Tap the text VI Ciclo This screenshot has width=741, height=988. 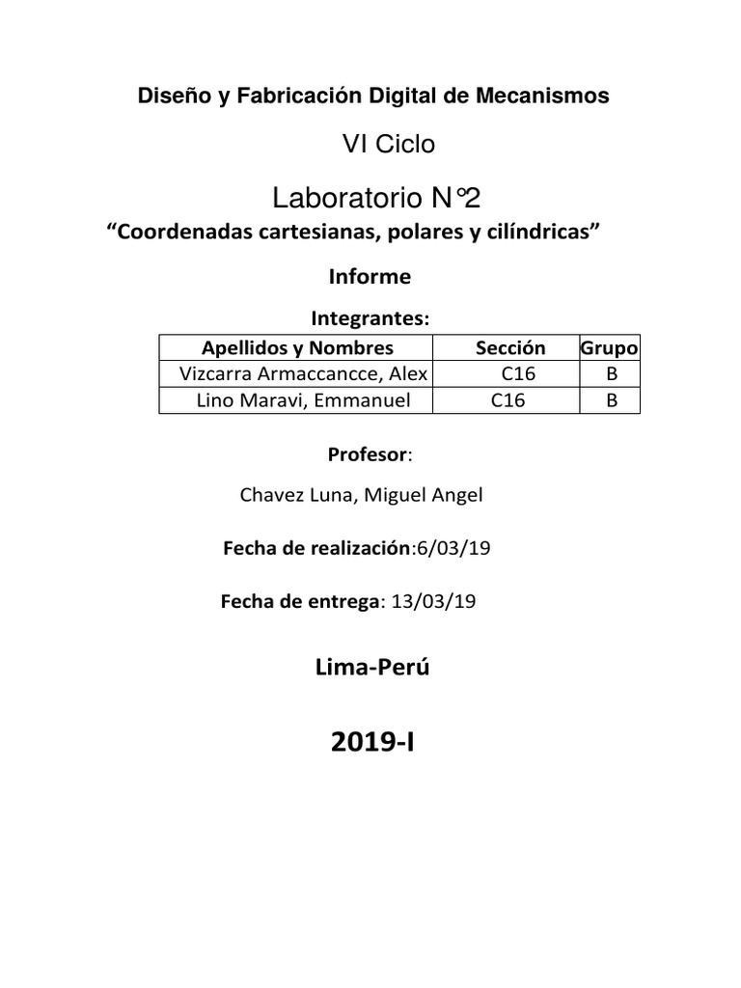coord(389,145)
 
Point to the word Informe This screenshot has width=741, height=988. coord(370,277)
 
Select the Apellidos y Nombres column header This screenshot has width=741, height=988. coord(297,348)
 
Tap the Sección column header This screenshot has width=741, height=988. coord(510,348)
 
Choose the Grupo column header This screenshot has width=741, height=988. coord(610,348)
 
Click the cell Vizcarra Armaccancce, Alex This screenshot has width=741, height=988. coord(297,374)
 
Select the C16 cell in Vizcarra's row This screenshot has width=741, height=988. coord(518,374)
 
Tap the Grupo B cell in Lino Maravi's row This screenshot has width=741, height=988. coord(610,400)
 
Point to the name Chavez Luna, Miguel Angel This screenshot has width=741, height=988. coord(361,496)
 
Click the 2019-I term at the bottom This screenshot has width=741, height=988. coord(370,745)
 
